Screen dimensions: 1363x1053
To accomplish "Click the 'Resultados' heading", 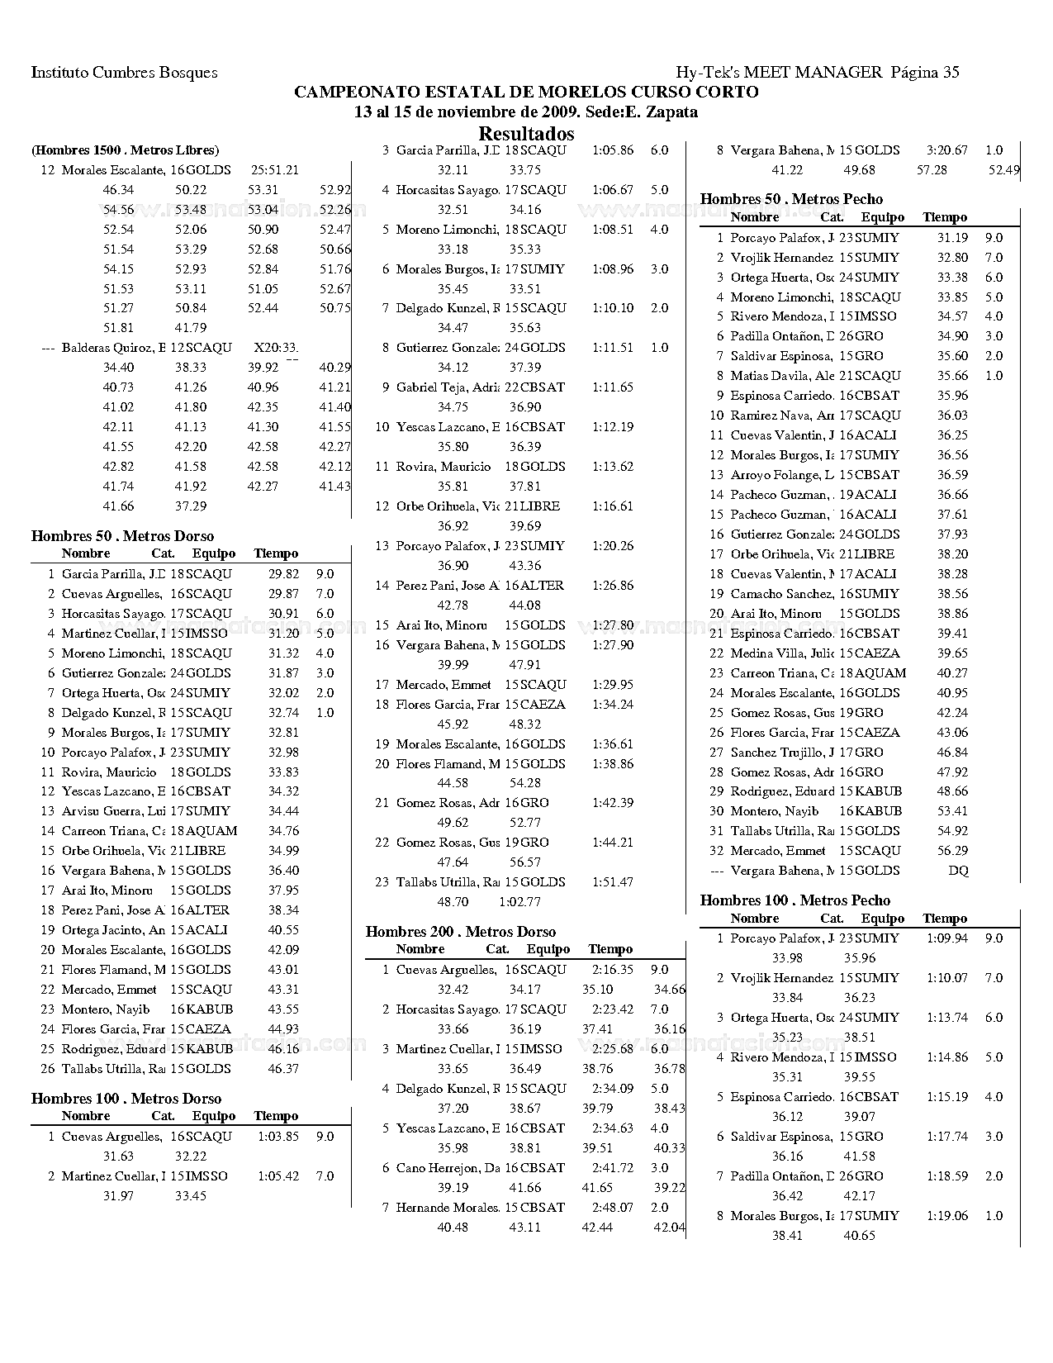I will click(x=526, y=134).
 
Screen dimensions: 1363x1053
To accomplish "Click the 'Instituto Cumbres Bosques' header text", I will click(x=124, y=73).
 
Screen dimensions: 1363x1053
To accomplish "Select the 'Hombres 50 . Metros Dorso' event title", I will click(x=122, y=536).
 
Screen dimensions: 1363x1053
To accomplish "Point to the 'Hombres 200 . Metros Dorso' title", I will click(x=461, y=932).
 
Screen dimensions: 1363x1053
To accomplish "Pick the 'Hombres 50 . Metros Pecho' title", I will click(x=791, y=199).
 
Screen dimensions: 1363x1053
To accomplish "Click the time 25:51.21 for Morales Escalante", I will click(x=274, y=170).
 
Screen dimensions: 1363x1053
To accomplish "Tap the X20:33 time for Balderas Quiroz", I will click(x=276, y=348).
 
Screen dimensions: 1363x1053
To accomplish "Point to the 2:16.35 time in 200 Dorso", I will click(x=613, y=970).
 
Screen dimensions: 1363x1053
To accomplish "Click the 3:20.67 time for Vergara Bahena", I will click(x=946, y=150).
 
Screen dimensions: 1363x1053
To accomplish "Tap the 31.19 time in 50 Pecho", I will click(x=953, y=238).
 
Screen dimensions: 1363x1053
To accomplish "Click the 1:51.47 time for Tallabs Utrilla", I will click(x=613, y=882).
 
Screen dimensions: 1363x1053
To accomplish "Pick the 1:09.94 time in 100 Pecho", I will click(x=946, y=938).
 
